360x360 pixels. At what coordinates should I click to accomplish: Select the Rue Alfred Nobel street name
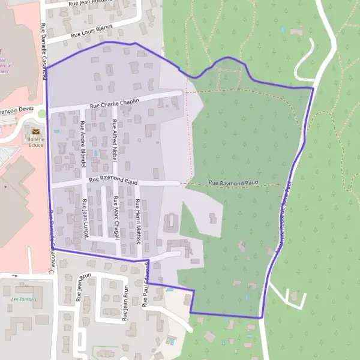click(x=114, y=140)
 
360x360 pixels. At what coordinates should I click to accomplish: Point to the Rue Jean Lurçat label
click(x=85, y=218)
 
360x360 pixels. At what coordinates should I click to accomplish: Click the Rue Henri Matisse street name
click(x=137, y=221)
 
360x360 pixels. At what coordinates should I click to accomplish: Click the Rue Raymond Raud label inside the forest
click(x=233, y=182)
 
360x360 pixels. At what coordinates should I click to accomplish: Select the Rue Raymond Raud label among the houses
click(x=113, y=179)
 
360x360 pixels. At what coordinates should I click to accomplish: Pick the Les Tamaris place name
click(x=24, y=299)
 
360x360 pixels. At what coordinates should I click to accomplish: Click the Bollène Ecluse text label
click(x=36, y=139)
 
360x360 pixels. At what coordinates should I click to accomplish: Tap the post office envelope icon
click(x=36, y=131)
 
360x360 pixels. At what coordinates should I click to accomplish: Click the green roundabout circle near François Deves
click(x=41, y=113)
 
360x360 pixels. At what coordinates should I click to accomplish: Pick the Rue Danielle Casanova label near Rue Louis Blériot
click(x=43, y=44)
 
